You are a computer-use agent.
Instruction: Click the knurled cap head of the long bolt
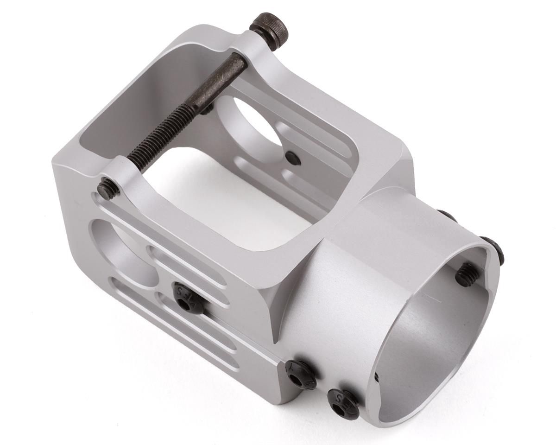tap(269, 31)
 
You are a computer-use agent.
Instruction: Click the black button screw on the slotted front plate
tap(188, 298)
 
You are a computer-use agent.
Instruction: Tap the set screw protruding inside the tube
tap(468, 274)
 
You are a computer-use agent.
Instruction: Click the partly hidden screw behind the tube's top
tap(447, 215)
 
